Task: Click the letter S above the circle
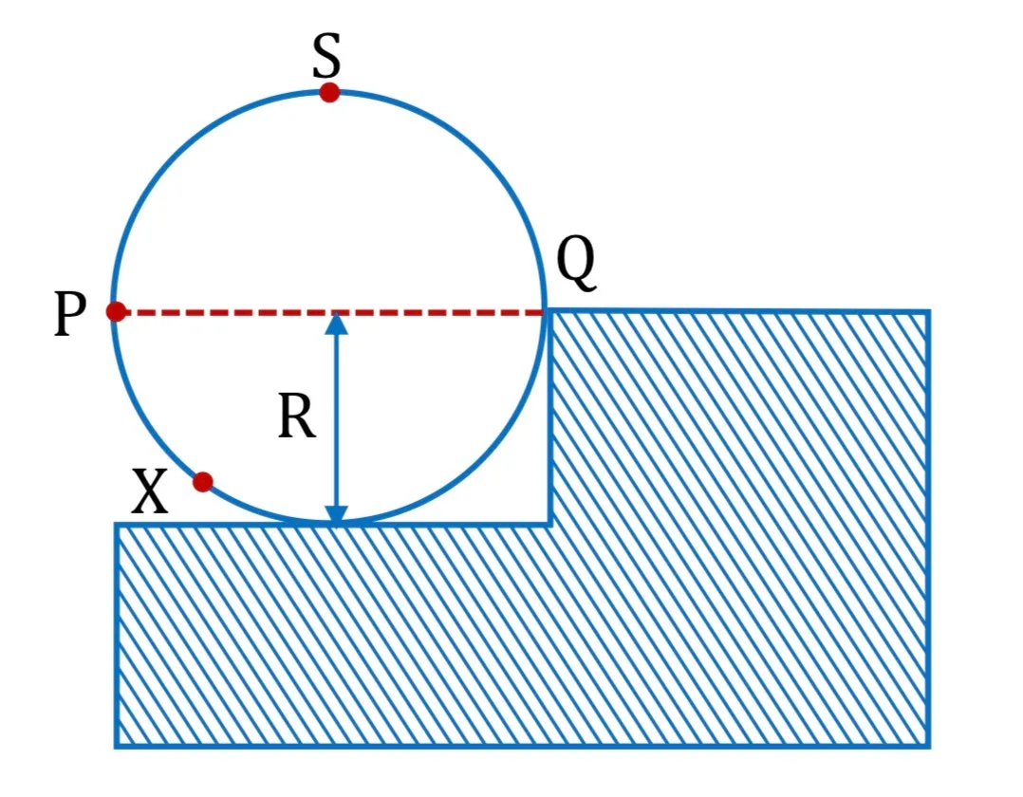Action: click(x=326, y=56)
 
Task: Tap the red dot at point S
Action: click(x=329, y=93)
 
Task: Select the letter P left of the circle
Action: click(x=70, y=314)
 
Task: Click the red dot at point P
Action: click(x=116, y=312)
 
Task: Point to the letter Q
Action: click(x=576, y=262)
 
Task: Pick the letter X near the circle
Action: click(x=149, y=491)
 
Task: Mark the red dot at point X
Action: click(x=203, y=482)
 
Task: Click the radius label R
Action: click(x=297, y=417)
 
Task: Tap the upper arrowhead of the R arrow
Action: click(x=336, y=324)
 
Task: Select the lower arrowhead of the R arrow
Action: click(x=336, y=514)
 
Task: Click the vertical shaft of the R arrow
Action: click(x=336, y=418)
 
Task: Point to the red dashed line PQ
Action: click(x=330, y=313)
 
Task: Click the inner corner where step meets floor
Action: click(x=550, y=523)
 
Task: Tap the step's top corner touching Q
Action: click(x=550, y=313)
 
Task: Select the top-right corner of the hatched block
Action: click(x=928, y=313)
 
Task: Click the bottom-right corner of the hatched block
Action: click(x=928, y=746)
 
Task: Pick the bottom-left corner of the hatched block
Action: click(x=117, y=746)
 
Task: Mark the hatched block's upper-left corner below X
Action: click(x=117, y=524)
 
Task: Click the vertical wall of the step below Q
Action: click(x=550, y=418)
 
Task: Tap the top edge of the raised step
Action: click(x=739, y=313)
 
